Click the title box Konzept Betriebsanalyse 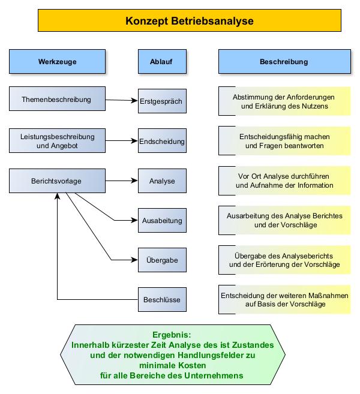(190, 20)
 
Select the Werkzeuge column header (57, 62)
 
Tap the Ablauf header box (161, 62)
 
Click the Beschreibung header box (284, 62)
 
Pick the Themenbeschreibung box (57, 99)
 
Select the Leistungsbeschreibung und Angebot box (57, 140)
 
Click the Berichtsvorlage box (57, 180)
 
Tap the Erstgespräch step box (161, 101)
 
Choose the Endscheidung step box (161, 142)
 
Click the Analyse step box (161, 181)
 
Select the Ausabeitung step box (161, 221)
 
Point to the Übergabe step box (161, 260)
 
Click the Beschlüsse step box (161, 299)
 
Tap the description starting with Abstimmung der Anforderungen (284, 101)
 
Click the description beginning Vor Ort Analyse (284, 181)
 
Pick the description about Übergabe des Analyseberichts (284, 260)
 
